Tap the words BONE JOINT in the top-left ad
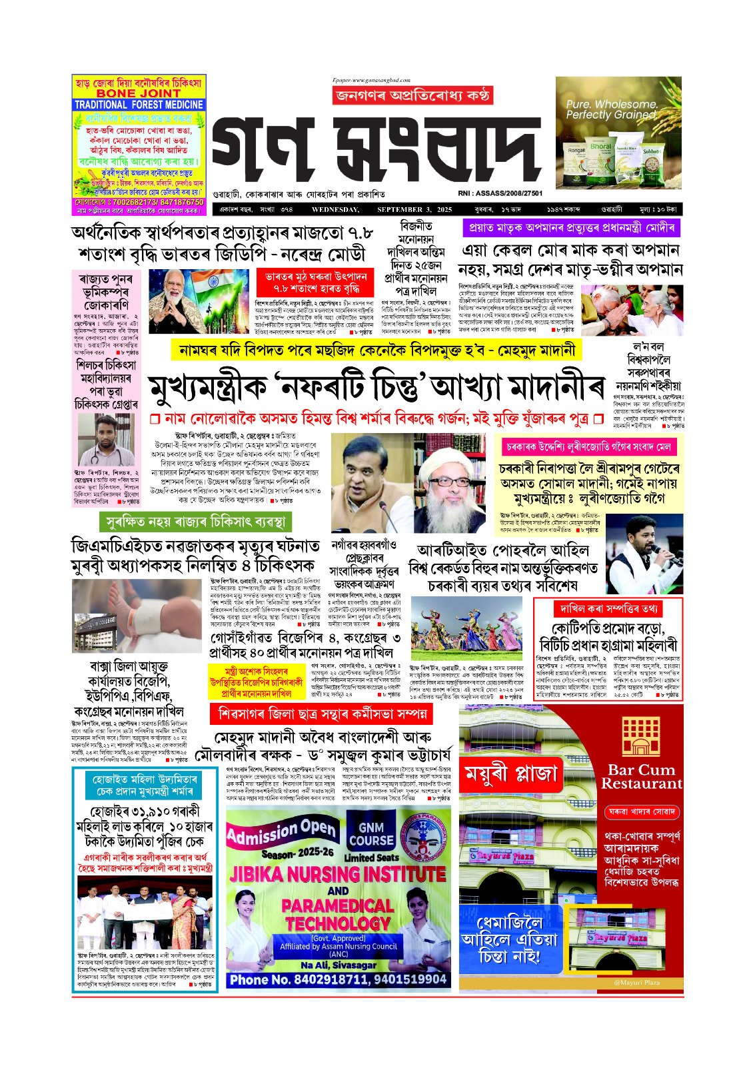click(139, 94)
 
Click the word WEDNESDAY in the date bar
click(335, 210)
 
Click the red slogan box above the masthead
click(412, 97)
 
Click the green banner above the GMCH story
click(195, 521)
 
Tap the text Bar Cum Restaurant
click(641, 777)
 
